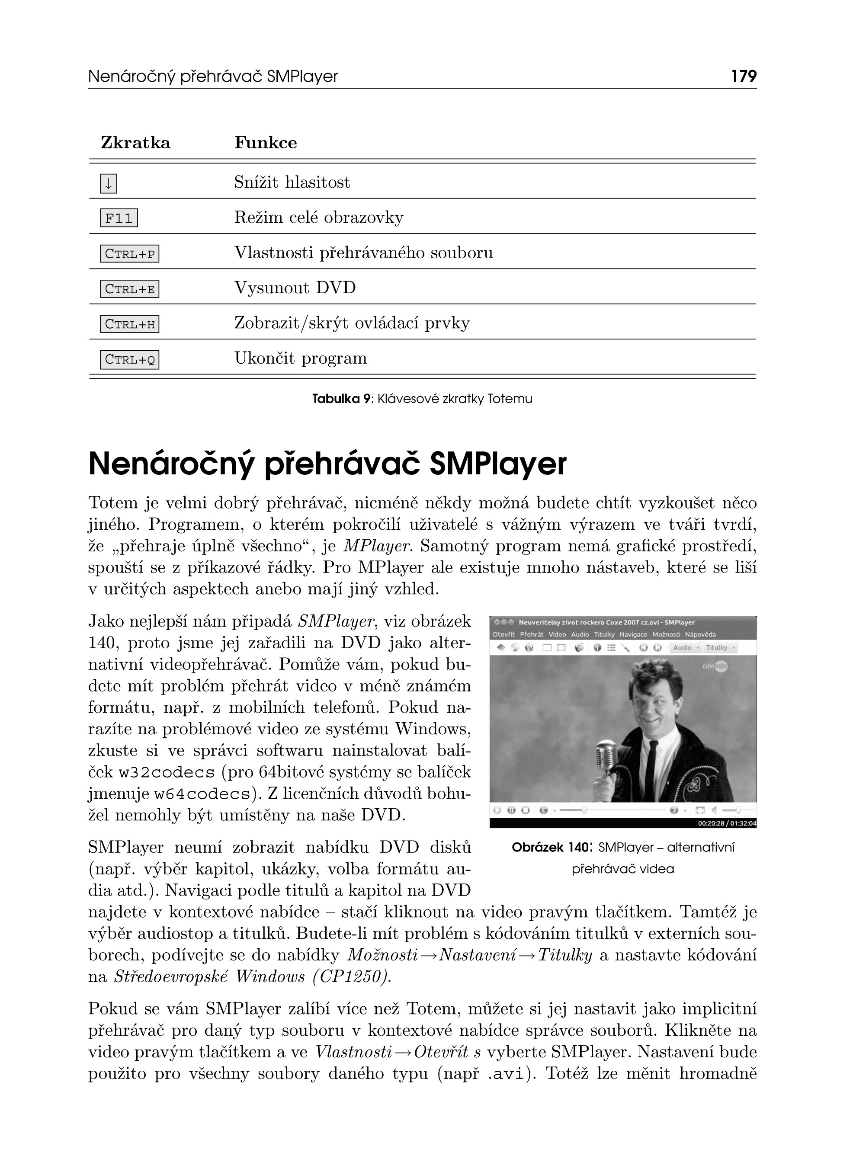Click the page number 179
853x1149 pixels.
pyautogui.click(x=744, y=77)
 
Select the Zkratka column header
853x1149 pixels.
pyautogui.click(x=135, y=142)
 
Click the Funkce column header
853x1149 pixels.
pyautogui.click(x=266, y=142)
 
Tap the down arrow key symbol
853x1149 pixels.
pyautogui.click(x=109, y=183)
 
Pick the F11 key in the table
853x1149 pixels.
pyautogui.click(x=119, y=218)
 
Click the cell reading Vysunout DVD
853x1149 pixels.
pyautogui.click(x=295, y=288)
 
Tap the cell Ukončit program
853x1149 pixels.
pyautogui.click(x=301, y=358)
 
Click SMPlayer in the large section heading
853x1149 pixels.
pyautogui.click(x=498, y=464)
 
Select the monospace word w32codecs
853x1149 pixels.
pyautogui.click(x=166, y=773)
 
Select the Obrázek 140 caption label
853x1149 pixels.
pyautogui.click(x=550, y=848)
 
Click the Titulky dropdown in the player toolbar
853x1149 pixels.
pyautogui.click(x=720, y=648)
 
